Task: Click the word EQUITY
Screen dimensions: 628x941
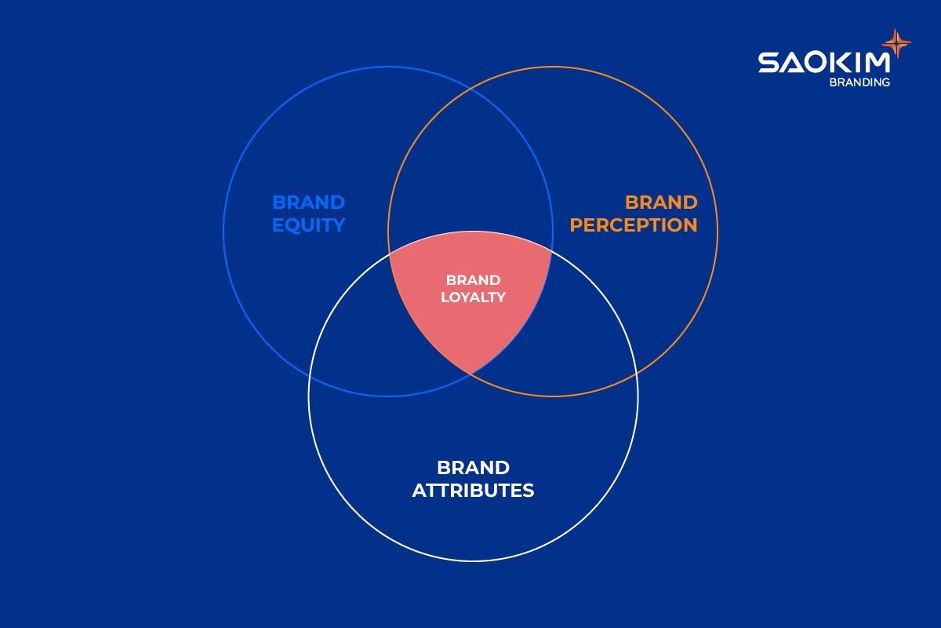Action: click(x=308, y=225)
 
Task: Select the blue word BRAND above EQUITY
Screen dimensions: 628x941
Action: click(x=308, y=203)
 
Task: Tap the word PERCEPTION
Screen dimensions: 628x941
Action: click(x=633, y=225)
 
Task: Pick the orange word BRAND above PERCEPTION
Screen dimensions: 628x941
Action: click(x=660, y=203)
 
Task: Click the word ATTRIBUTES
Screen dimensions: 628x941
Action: click(x=473, y=491)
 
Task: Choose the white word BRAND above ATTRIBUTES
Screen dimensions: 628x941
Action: click(x=473, y=468)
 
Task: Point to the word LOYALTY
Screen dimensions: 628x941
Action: click(x=473, y=298)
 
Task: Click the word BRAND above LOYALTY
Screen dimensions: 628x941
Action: click(x=473, y=279)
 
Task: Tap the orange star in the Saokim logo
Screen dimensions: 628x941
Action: click(x=897, y=43)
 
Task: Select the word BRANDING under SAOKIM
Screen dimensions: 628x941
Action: click(x=859, y=82)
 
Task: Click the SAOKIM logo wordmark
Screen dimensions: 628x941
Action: click(x=823, y=63)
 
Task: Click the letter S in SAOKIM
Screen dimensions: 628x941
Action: click(x=768, y=63)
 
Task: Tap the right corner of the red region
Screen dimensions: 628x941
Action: click(x=551, y=251)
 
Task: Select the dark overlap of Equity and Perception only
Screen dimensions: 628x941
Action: click(x=470, y=173)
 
